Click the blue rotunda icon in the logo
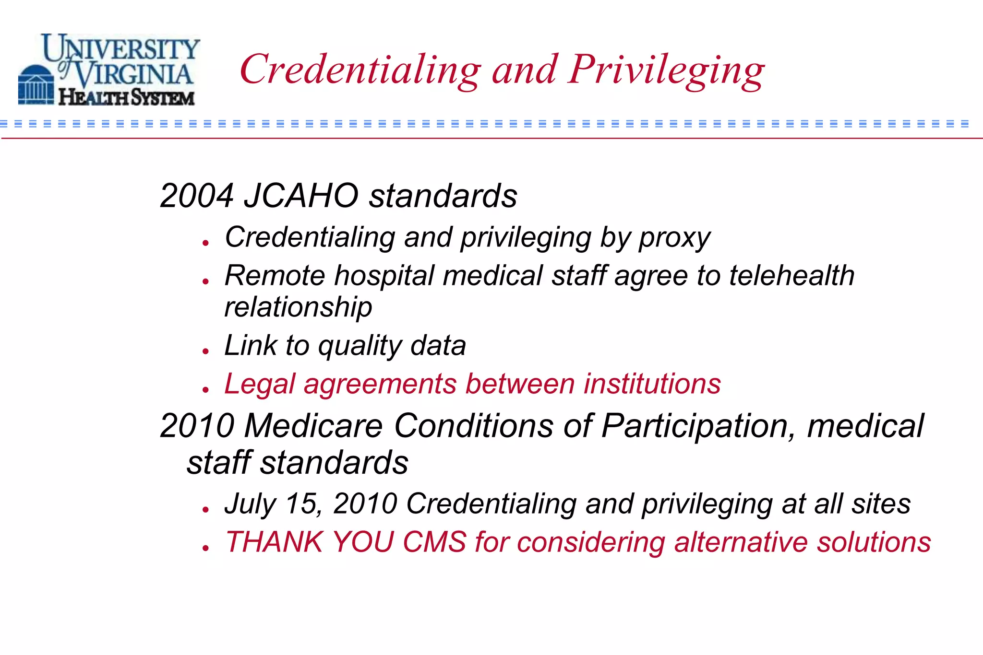point(36,85)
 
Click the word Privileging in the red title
point(666,70)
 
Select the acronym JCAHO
point(301,196)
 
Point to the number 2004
point(197,196)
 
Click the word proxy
point(674,238)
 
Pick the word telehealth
point(792,276)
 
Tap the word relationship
point(298,307)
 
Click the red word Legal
point(259,385)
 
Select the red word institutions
point(652,384)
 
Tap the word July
point(250,504)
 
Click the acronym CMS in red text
point(434,542)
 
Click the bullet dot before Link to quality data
point(206,351)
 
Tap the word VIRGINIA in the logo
point(134,74)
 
